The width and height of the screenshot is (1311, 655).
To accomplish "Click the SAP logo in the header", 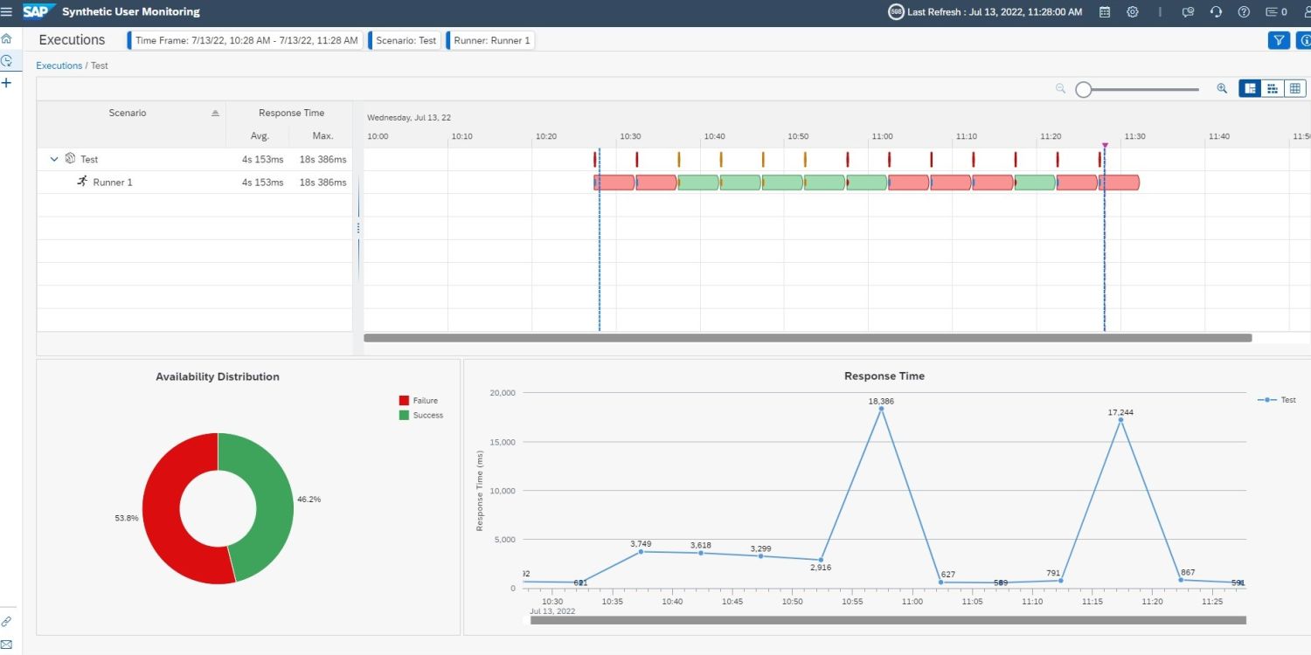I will coord(38,11).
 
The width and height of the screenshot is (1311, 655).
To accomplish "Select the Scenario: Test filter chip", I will coord(406,40).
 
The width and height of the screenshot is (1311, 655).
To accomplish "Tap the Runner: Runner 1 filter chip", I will coord(491,40).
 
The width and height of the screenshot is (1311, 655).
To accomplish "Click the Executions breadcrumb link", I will coord(59,65).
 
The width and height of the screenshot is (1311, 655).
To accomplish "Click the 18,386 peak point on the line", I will coord(881,409).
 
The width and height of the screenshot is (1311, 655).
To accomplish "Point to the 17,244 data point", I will coord(1120,420).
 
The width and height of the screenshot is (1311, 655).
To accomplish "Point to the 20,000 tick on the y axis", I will coord(502,393).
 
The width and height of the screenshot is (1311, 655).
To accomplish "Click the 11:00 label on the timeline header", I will coord(882,136).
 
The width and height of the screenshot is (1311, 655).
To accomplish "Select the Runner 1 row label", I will coord(113,183).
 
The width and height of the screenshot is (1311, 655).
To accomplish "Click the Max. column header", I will coord(323,136).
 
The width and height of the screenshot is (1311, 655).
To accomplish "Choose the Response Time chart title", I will coord(884,376).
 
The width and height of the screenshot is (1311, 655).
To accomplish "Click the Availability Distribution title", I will coord(218,376).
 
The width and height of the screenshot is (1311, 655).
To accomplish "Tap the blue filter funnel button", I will coord(1279,40).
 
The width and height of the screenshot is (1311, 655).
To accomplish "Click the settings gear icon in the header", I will coord(1133,12).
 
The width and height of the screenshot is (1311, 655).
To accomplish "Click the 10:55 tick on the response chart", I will coord(852,602).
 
